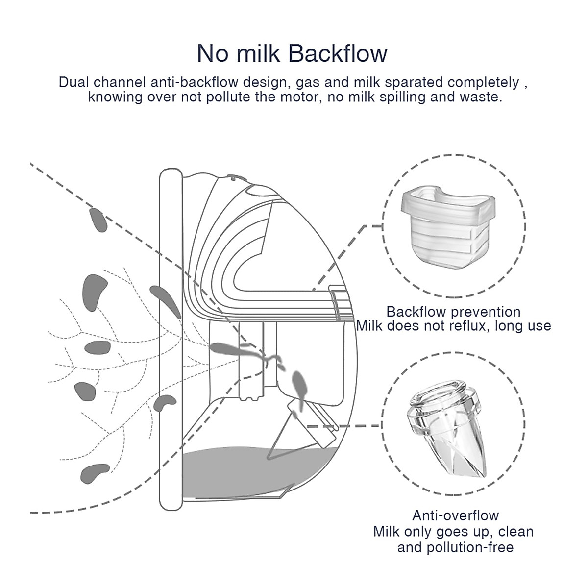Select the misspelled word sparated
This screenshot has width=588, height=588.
point(413,82)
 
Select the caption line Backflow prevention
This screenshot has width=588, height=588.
point(453,312)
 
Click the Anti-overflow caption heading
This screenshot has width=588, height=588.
point(455,515)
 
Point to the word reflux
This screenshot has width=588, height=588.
point(466,326)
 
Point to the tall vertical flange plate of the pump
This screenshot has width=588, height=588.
point(168,343)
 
